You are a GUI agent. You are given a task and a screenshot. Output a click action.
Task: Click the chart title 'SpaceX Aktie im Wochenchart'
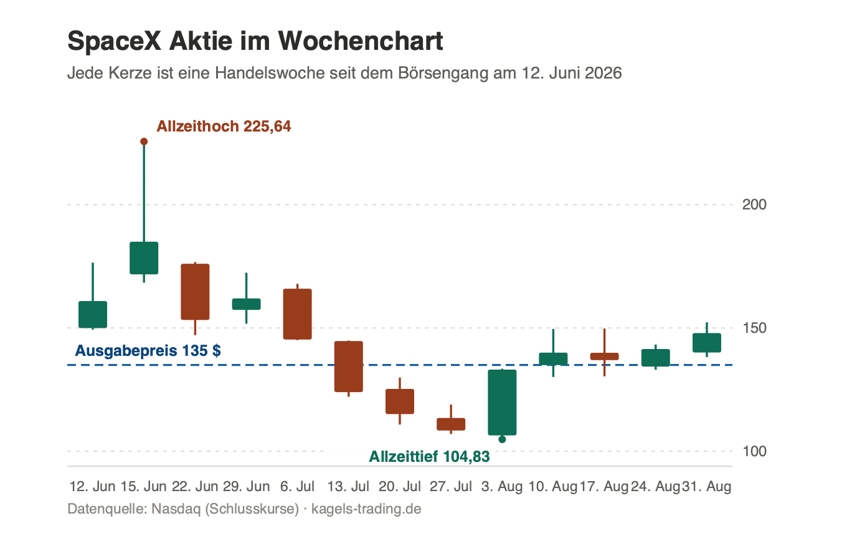coord(255,41)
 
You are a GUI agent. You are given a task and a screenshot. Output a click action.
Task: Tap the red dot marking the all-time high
coord(144,141)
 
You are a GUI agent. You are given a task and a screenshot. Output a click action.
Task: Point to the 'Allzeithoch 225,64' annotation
coord(224,127)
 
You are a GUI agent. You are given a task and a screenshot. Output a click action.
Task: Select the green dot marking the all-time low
coord(502,439)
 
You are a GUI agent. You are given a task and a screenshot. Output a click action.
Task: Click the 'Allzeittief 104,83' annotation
coord(429,456)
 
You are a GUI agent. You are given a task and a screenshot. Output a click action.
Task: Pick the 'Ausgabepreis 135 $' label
coord(148,351)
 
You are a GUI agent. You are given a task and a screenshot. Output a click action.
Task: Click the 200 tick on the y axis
coord(754,205)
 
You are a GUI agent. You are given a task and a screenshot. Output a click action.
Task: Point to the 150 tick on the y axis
coord(754,328)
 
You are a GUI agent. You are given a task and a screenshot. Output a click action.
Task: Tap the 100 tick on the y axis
coord(754,451)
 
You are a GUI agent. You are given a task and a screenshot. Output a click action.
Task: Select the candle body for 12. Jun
coord(93,315)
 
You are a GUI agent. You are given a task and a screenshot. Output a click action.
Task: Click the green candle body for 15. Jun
coord(144,258)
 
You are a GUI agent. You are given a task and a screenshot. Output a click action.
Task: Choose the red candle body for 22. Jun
coord(195,292)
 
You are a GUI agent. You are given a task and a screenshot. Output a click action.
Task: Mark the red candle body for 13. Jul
coord(349,366)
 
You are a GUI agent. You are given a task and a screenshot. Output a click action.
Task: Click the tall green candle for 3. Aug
coord(502,403)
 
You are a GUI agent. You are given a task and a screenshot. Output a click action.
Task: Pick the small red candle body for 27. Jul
coord(451,424)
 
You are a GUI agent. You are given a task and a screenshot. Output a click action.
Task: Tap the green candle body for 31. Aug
coord(707,343)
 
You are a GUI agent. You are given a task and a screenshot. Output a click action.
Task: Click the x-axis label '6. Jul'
coord(297,486)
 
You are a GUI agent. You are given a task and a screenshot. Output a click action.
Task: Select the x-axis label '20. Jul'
coord(400,486)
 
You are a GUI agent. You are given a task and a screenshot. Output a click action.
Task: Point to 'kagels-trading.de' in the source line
coord(366,509)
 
